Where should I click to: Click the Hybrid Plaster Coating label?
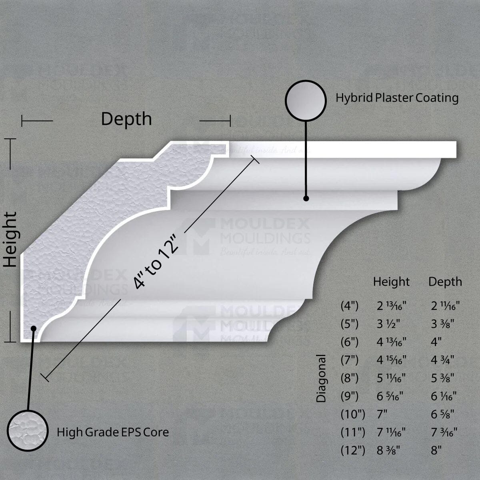[397, 98]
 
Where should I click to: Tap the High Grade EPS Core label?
[112, 432]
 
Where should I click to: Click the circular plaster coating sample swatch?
[306, 100]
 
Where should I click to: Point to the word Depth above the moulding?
[126, 119]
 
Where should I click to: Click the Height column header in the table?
[391, 282]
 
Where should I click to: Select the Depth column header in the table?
[445, 282]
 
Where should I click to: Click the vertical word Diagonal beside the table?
[322, 378]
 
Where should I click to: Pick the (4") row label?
[350, 306]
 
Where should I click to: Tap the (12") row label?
[353, 450]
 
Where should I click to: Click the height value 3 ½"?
[388, 324]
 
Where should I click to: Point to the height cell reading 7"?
[382, 414]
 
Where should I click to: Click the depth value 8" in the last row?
[436, 450]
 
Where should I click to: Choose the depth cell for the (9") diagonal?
[444, 396]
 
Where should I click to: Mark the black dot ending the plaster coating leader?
[306, 198]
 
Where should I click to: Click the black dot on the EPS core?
[34, 328]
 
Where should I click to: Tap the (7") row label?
[350, 360]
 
